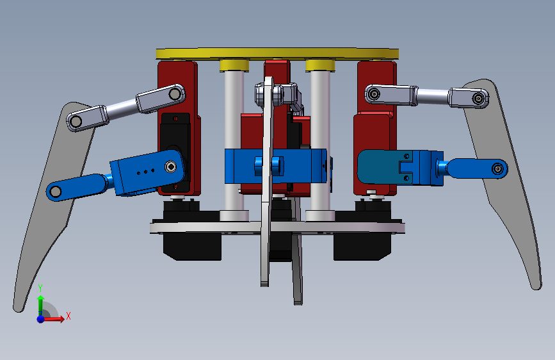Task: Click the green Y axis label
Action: [x=40, y=288]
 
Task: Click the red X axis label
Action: [x=68, y=316]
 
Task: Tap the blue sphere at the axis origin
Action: [x=41, y=319]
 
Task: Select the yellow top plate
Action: [x=277, y=54]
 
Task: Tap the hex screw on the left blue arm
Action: [x=171, y=166]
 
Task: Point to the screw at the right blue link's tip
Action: [x=497, y=169]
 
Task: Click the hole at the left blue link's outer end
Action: [x=55, y=192]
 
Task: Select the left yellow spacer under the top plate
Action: [x=234, y=65]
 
